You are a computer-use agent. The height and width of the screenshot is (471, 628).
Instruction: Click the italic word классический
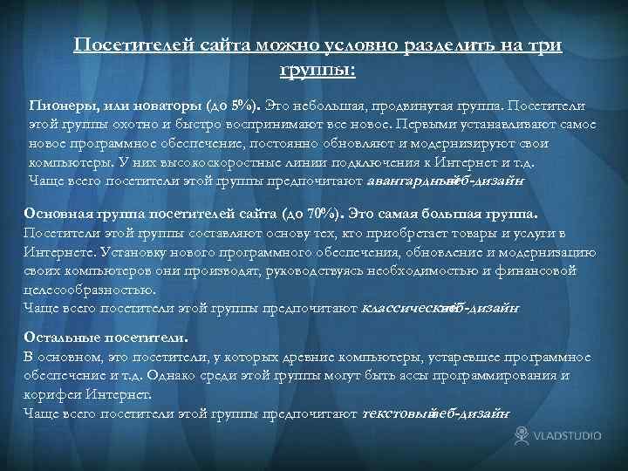(x=401, y=307)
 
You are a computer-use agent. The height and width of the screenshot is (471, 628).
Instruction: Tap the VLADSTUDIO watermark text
(x=569, y=435)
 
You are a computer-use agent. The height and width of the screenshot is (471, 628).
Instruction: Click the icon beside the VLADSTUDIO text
(x=522, y=434)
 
